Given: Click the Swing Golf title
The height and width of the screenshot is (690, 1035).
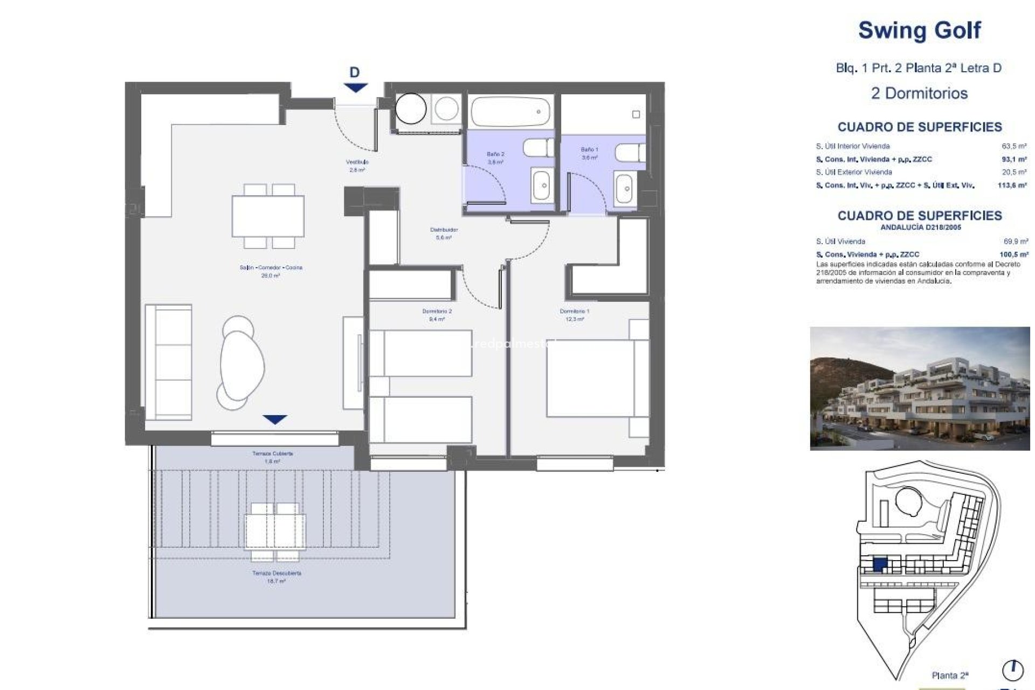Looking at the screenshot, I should pos(919,30).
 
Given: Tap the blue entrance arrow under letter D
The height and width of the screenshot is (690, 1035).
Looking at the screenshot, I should pos(355,87).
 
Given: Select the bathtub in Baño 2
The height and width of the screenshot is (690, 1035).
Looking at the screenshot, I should pos(510,112).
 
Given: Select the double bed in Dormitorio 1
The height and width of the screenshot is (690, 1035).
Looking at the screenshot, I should pos(590,377).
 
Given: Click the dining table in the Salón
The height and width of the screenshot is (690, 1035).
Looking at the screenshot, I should pos(268,216).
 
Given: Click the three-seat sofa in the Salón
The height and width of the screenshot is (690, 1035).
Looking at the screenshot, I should pos(168,362).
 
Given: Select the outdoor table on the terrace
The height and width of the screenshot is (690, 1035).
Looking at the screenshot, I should pos(275,531).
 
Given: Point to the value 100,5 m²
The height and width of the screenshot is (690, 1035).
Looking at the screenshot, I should pos(1013,254).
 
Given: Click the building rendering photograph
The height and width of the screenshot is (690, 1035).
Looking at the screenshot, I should pos(919,388).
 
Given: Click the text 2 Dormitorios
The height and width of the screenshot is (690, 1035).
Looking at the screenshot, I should pos(919,93).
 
